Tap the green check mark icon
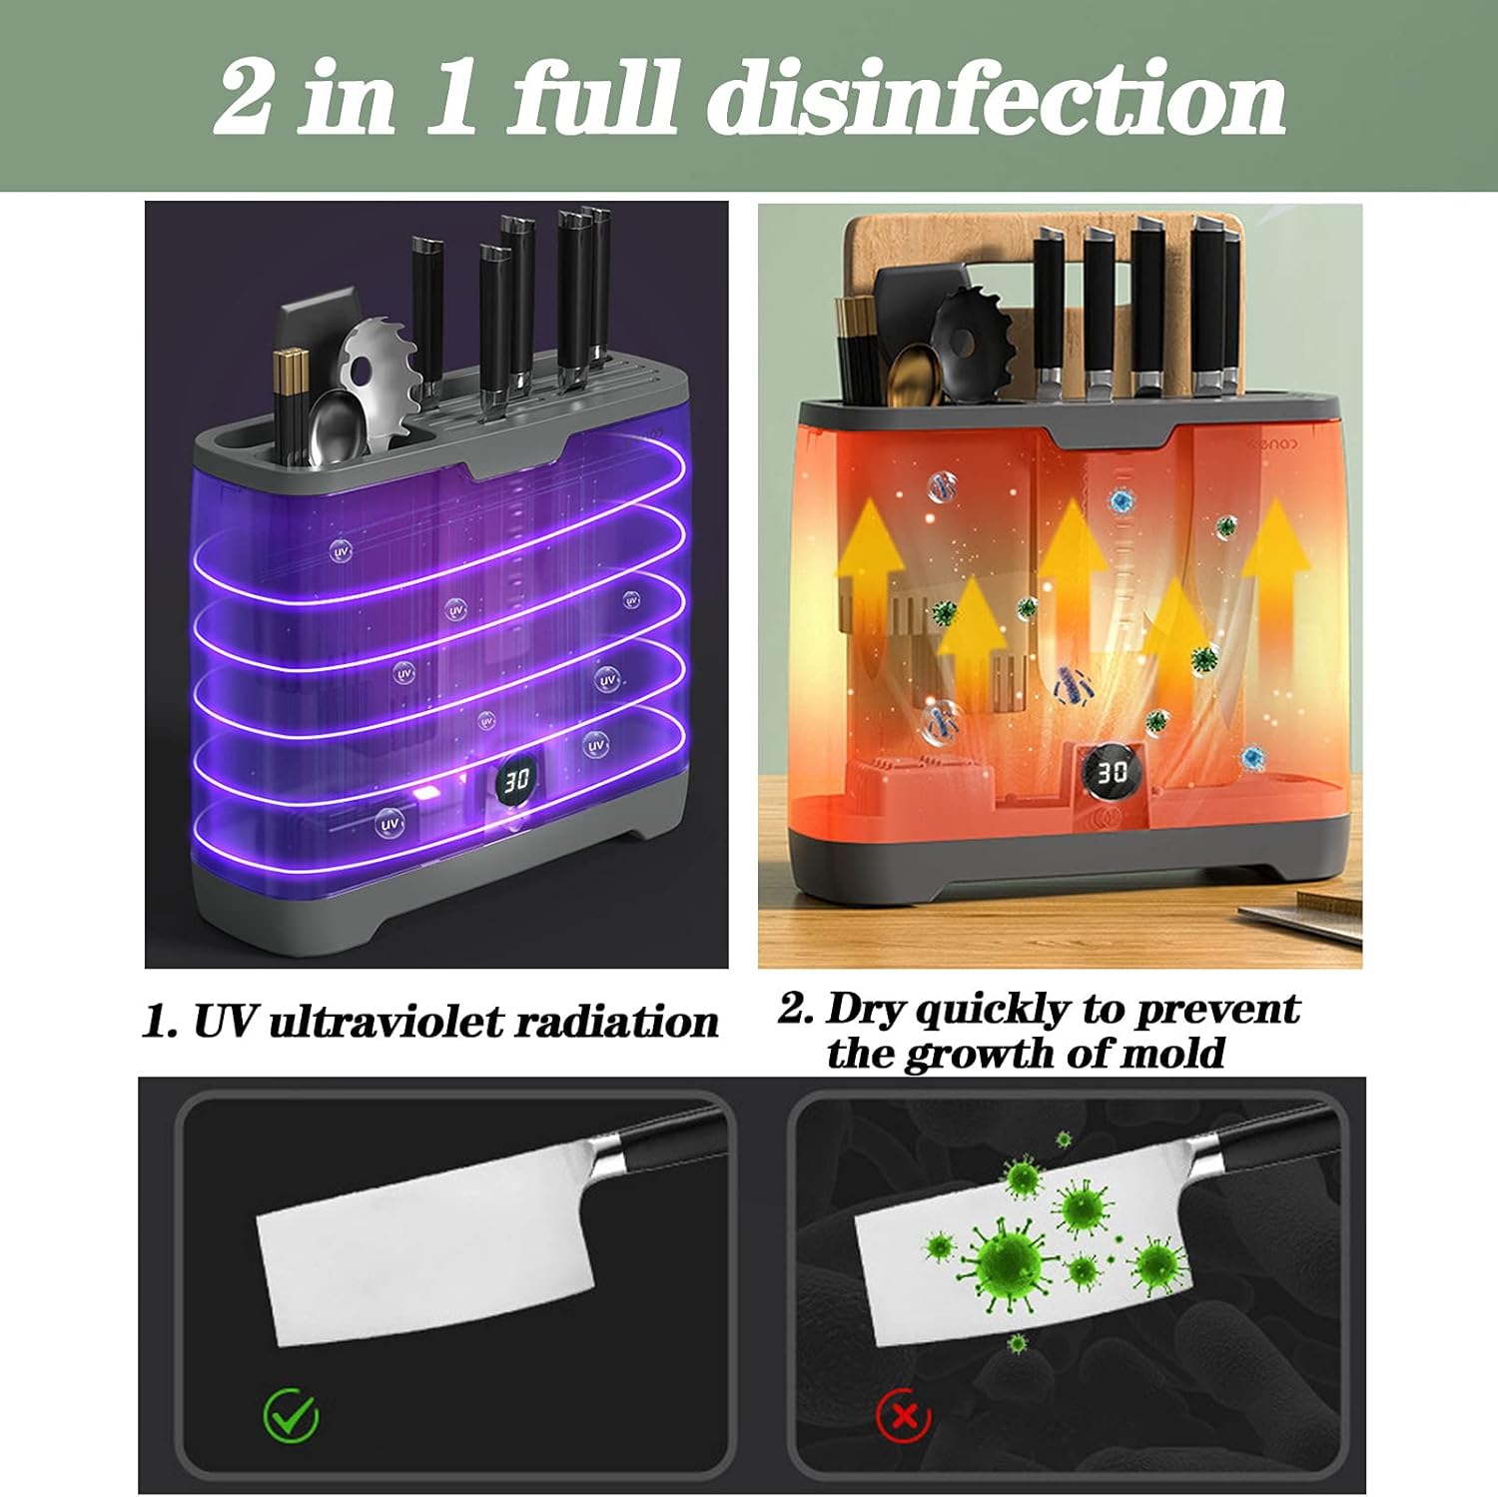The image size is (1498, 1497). tap(291, 1414)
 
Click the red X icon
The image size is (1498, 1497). tap(904, 1415)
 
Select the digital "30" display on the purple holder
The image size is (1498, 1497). tap(516, 781)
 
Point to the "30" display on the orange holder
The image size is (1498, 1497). tap(1113, 771)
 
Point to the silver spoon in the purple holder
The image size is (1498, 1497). tap(332, 425)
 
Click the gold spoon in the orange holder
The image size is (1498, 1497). tap(911, 373)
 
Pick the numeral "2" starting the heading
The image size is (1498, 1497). tap(243, 98)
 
